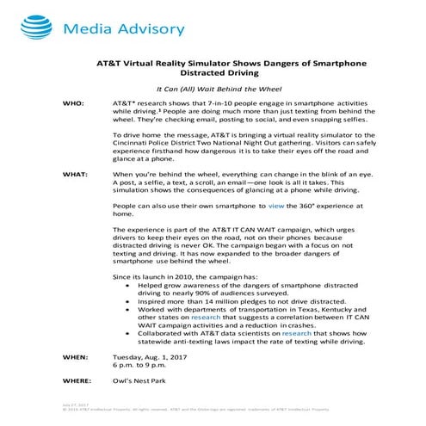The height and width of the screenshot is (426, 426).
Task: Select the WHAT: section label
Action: (x=76, y=174)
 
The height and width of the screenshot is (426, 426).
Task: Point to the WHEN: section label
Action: (x=75, y=355)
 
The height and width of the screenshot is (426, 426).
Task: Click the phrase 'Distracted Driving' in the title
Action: (x=213, y=74)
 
